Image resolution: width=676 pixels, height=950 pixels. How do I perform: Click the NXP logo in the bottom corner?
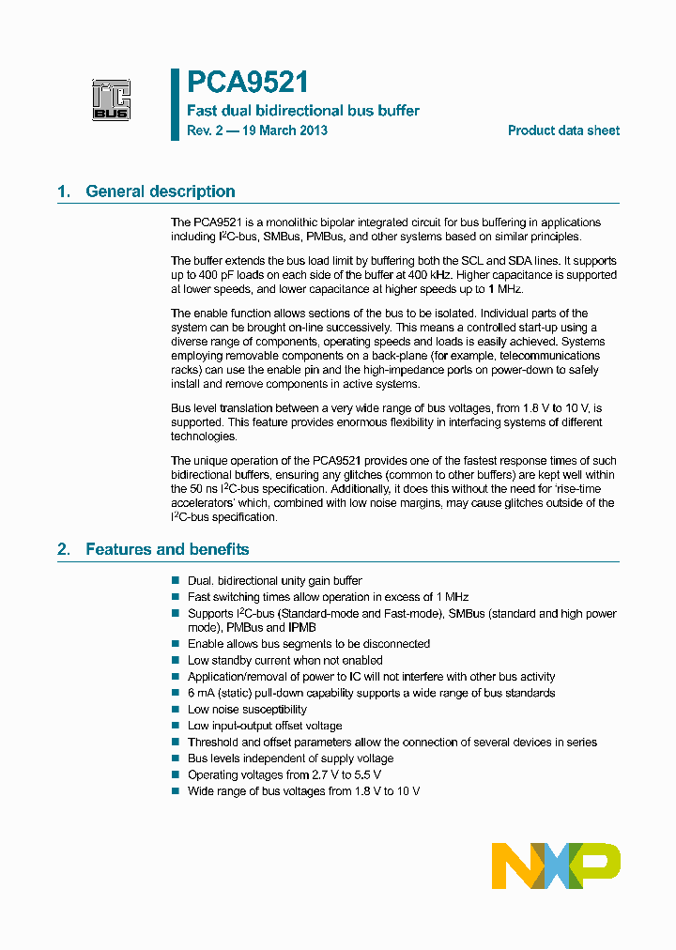click(556, 866)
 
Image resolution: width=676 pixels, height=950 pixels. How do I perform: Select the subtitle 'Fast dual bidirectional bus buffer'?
click(303, 111)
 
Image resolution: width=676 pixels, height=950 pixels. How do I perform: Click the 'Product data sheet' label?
click(563, 130)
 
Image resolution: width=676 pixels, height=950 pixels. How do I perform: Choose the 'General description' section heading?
click(161, 192)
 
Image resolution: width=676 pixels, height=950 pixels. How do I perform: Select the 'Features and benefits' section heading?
click(167, 549)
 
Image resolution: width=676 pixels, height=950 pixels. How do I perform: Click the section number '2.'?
click(64, 549)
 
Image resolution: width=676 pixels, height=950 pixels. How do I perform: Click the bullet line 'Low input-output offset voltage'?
click(265, 726)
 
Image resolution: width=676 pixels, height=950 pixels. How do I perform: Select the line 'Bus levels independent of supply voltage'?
click(290, 758)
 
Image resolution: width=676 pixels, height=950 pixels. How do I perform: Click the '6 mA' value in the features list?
click(202, 693)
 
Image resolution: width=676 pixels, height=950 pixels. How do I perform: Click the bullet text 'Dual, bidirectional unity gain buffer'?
click(274, 581)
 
